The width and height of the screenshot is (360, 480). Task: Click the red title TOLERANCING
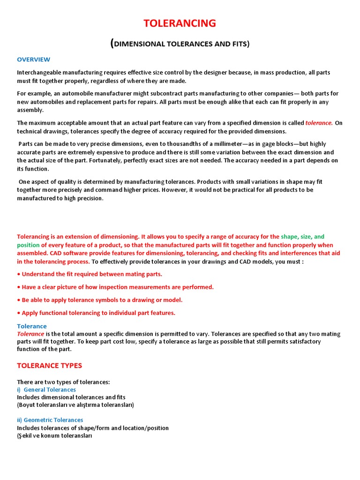pyautogui.click(x=180, y=23)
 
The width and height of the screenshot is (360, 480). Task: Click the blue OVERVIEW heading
pyautogui.click(x=33, y=60)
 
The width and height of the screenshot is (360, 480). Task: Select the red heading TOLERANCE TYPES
pyautogui.click(x=49, y=365)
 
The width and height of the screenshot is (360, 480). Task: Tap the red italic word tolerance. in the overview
pyautogui.click(x=319, y=123)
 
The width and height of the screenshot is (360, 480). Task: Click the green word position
pyautogui.click(x=28, y=245)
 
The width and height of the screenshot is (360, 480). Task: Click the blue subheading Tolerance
pyautogui.click(x=32, y=326)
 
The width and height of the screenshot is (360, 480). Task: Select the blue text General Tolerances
pyautogui.click(x=50, y=390)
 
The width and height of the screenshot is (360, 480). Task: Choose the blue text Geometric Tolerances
pyautogui.click(x=53, y=420)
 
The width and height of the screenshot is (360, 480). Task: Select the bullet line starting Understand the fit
pyautogui.click(x=90, y=274)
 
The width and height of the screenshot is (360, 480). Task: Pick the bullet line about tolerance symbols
pyautogui.click(x=100, y=300)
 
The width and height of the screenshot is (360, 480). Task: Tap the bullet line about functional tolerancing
pyautogui.click(x=96, y=313)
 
